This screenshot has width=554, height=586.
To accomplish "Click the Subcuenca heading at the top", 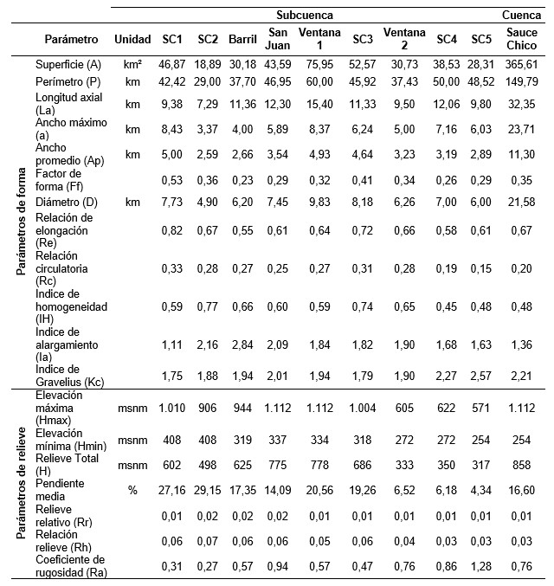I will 305,16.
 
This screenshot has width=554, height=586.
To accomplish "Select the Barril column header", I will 242,39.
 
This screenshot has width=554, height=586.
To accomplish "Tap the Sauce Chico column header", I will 522,39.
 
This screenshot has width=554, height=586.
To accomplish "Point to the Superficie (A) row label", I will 69,65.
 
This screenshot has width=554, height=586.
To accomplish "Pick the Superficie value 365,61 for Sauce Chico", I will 522,65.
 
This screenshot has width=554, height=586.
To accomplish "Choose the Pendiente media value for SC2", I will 208,490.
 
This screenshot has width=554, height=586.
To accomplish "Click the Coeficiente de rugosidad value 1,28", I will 481,566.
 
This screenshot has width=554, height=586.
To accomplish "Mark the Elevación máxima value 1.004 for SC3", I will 363,407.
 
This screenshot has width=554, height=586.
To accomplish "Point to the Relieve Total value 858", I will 522,464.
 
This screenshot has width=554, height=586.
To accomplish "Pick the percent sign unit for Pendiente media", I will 132,490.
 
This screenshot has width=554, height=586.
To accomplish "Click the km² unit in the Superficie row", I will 132,65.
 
